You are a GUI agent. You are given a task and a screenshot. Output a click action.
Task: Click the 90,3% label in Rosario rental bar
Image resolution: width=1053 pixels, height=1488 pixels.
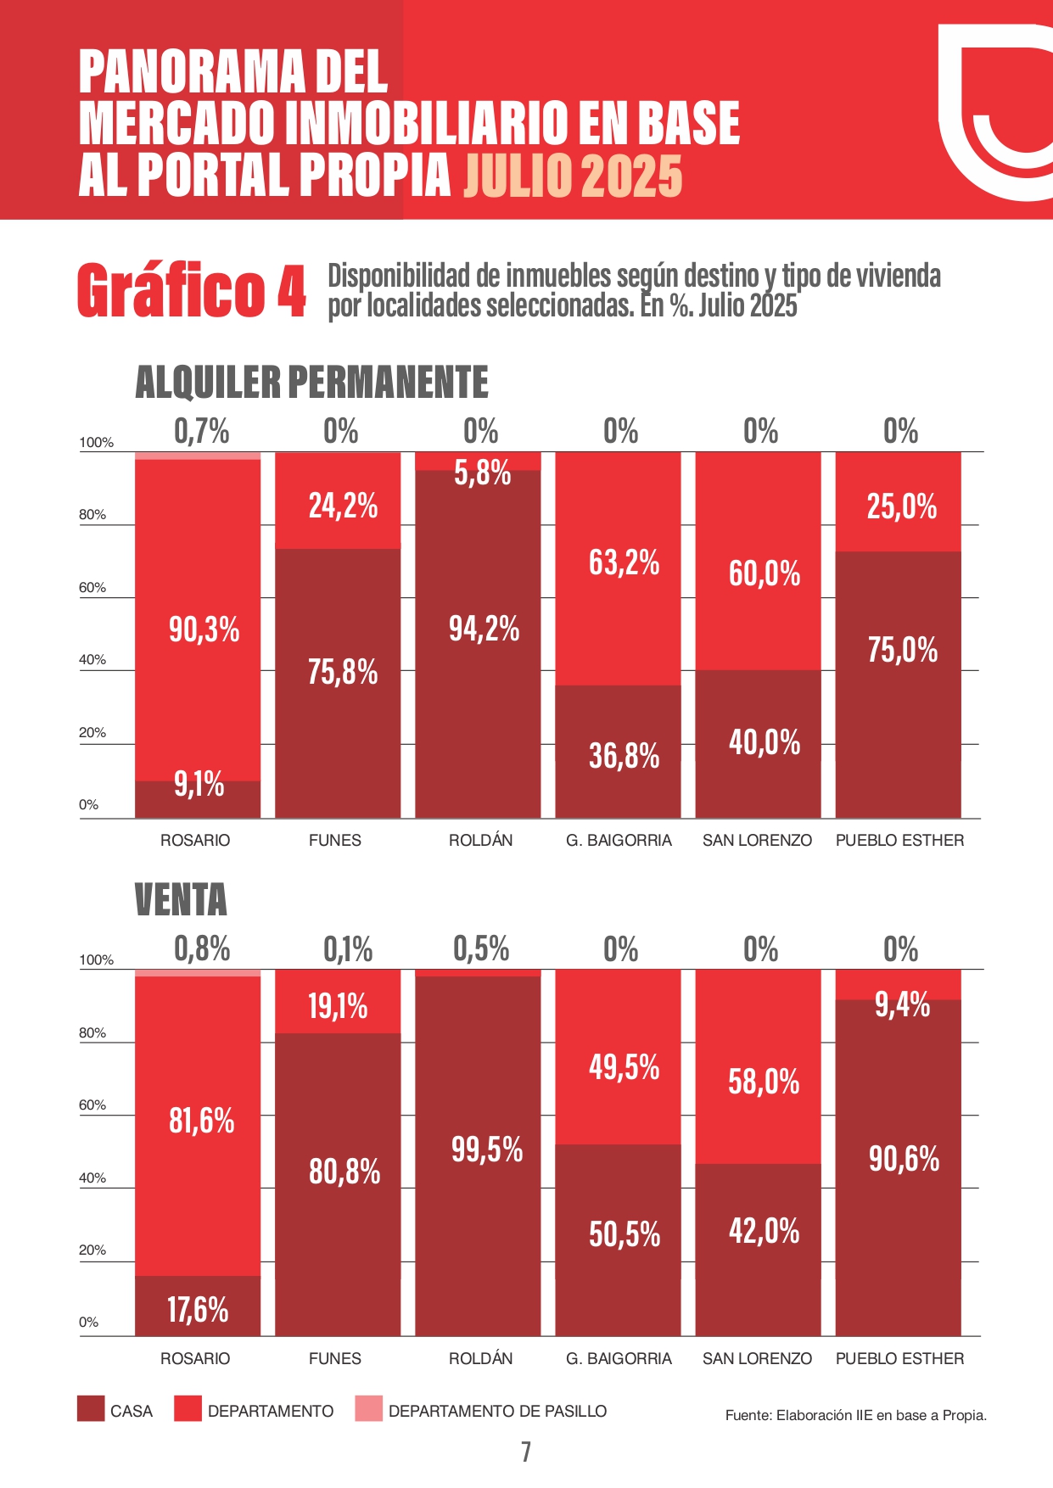204,630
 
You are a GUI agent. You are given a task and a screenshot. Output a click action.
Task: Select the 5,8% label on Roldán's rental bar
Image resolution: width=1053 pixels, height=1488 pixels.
482,473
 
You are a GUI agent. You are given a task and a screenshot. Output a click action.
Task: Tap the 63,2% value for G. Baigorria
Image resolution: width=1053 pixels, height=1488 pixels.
624,562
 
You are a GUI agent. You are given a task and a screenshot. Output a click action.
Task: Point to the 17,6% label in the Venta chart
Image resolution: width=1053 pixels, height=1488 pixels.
198,1310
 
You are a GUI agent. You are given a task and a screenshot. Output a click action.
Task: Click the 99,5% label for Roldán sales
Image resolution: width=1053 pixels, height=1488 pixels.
487,1150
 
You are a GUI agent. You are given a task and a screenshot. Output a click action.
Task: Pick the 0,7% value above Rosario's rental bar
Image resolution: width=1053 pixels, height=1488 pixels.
202,432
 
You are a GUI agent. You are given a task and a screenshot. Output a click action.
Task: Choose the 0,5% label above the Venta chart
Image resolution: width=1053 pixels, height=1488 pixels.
481,949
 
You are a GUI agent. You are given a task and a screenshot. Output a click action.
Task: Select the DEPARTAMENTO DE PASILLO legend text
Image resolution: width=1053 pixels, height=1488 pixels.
497,1411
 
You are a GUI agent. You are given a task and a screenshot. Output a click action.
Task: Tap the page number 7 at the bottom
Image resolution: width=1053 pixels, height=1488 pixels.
526,1452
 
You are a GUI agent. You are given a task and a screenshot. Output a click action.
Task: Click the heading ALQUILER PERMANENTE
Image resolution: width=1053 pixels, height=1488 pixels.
311,382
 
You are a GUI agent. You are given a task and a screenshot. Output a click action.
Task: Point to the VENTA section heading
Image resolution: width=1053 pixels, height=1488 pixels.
181,900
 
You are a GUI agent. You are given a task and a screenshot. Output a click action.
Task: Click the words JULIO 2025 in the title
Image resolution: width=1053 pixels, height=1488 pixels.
573,176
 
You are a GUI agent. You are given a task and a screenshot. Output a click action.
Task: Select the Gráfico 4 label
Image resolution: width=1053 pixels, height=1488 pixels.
191,291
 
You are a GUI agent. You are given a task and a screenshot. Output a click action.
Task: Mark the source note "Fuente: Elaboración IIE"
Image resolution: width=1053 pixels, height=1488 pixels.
855,1415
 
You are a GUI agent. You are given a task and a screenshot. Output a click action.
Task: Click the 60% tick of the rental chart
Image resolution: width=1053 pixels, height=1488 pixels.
92,587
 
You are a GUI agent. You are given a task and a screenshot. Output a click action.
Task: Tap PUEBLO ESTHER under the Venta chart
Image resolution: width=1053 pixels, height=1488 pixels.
899,1358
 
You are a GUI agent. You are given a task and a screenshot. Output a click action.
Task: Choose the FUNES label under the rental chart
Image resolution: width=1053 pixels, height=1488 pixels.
335,840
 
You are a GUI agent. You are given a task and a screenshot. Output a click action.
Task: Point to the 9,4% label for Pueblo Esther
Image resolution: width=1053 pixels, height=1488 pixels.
902,1005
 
